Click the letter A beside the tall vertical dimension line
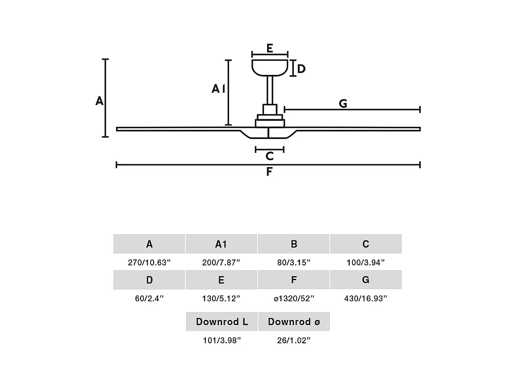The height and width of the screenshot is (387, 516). [100, 101]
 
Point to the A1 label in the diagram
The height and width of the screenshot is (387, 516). [219, 88]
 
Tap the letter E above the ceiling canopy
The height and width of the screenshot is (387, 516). [270, 48]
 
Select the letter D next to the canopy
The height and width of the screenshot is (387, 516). [301, 69]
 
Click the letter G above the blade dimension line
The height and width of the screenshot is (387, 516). [343, 103]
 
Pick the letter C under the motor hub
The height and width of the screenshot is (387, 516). [270, 156]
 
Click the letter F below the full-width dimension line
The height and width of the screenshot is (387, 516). [269, 171]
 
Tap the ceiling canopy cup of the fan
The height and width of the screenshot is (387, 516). [270, 68]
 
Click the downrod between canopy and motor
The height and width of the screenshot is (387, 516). [270, 90]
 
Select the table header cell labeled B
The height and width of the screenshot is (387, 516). [293, 244]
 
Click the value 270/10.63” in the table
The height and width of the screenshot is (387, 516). [149, 263]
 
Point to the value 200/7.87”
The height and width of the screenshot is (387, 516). [221, 263]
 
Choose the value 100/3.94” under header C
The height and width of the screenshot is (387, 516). [366, 263]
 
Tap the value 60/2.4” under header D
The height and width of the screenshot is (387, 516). [149, 299]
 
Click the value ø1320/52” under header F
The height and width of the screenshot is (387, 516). [294, 299]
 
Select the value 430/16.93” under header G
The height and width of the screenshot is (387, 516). [366, 299]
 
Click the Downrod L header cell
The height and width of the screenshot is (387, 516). [222, 322]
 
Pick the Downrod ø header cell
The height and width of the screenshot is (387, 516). [294, 322]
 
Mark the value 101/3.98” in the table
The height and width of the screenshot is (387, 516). [222, 340]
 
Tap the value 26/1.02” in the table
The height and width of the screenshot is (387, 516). [294, 340]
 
